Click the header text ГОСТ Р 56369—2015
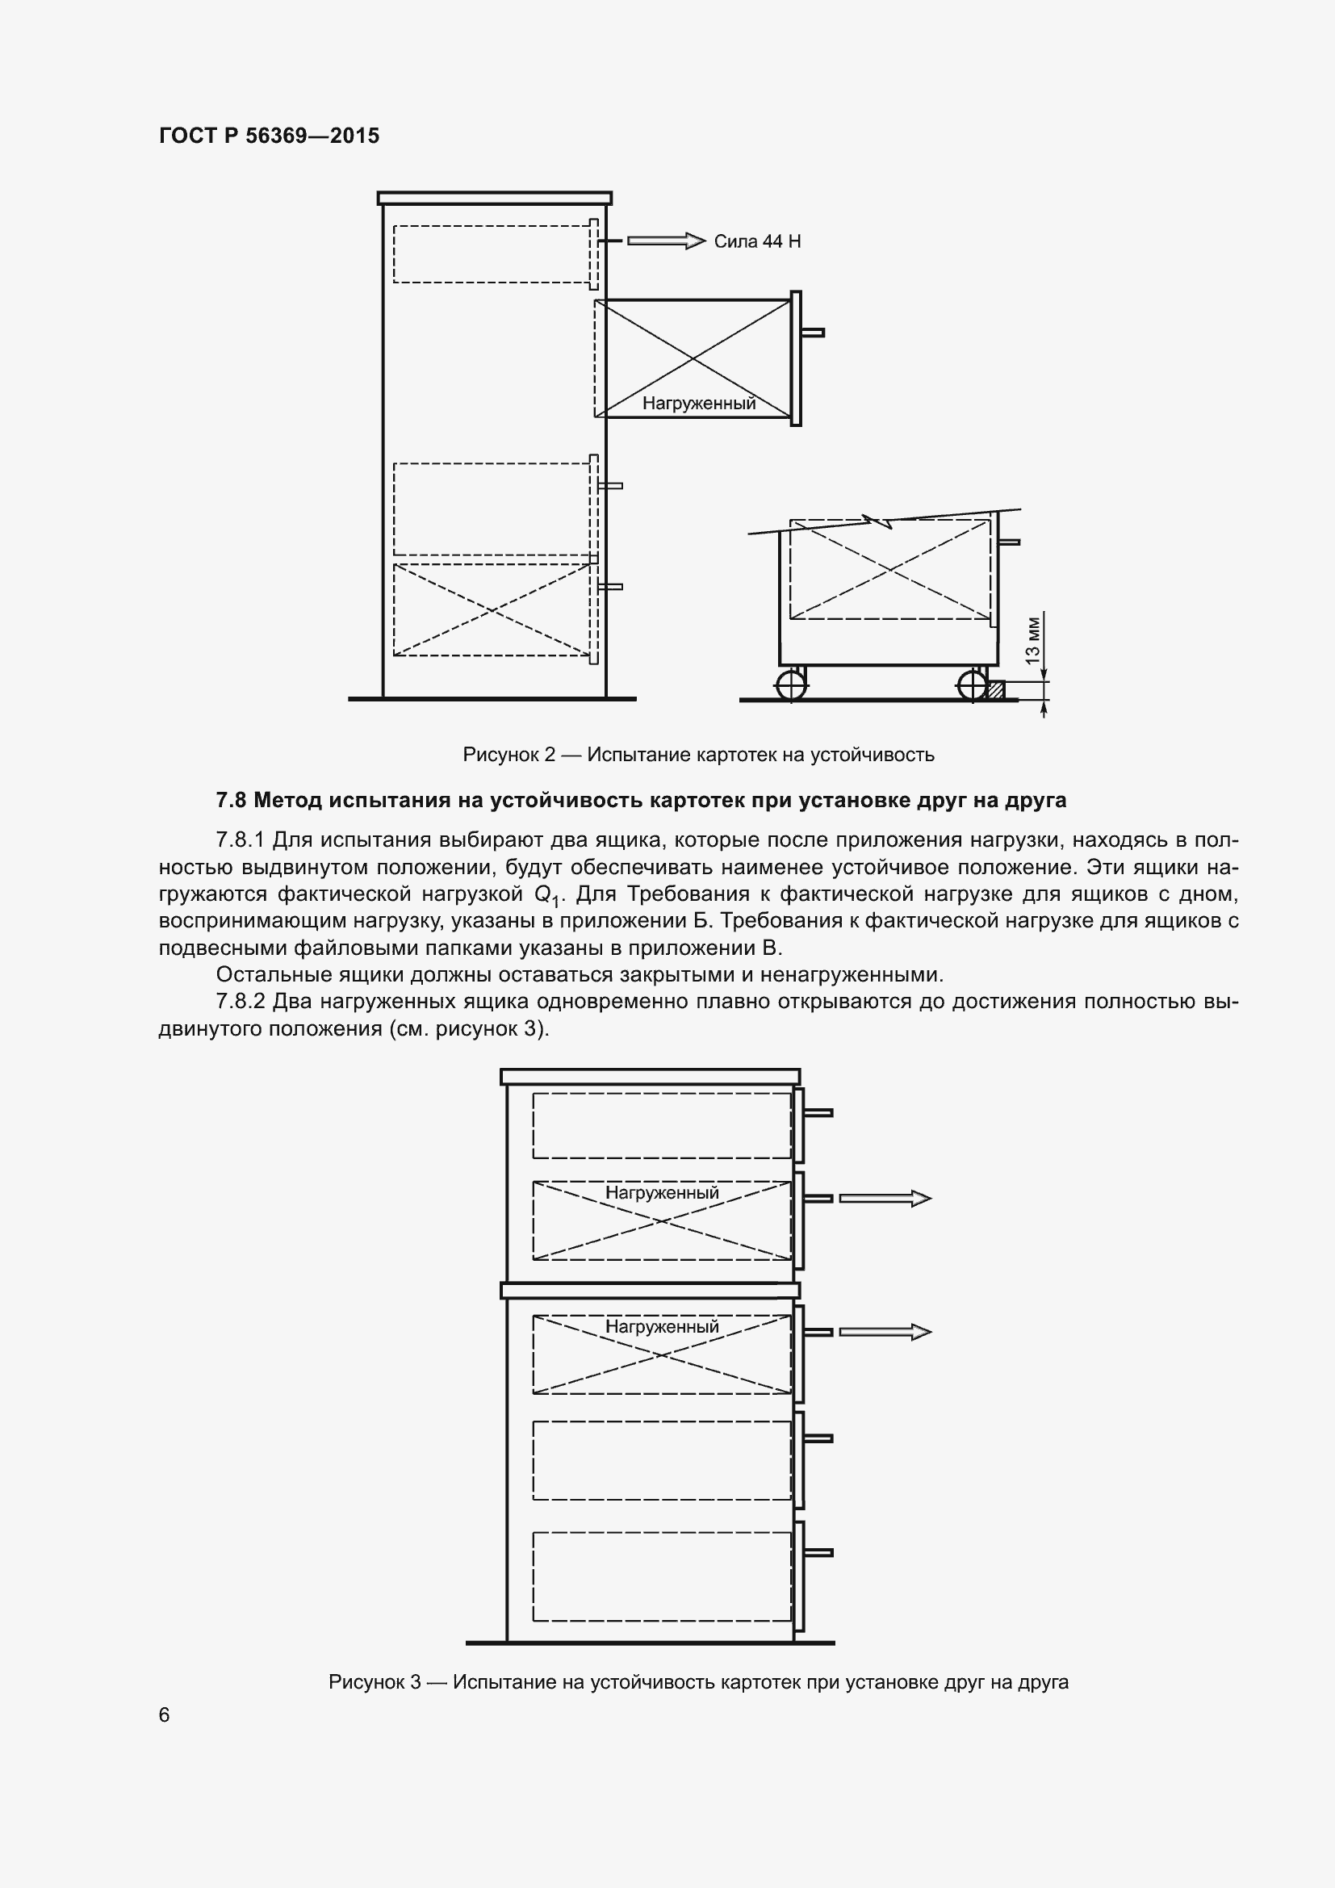coord(269,136)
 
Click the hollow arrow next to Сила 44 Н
coord(666,241)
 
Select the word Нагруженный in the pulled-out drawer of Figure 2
coord(699,403)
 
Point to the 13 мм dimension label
coord(1033,641)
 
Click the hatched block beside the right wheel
coord(995,690)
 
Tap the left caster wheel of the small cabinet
coord(791,685)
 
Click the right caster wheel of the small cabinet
coord(972,685)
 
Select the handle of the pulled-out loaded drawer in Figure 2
coord(813,333)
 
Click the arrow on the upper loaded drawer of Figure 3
coord(885,1198)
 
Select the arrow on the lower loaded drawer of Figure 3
coord(885,1331)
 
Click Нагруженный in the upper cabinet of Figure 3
coord(662,1192)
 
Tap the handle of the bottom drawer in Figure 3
coord(818,1552)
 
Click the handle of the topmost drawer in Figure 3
coord(818,1112)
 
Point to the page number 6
coord(165,1714)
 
